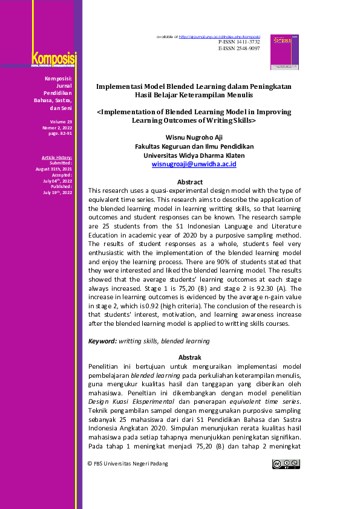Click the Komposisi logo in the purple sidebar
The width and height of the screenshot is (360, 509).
(54, 59)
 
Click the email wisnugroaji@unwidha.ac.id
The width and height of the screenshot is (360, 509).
(194, 164)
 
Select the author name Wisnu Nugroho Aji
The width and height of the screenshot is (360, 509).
(194, 137)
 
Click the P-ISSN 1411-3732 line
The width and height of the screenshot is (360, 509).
(238, 42)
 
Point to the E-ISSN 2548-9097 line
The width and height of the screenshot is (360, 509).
(238, 48)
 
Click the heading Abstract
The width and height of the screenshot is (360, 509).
(189, 181)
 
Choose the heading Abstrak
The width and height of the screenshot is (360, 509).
(189, 357)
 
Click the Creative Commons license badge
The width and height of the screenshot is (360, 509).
(286, 464)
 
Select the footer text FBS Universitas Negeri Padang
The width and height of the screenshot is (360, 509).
(131, 464)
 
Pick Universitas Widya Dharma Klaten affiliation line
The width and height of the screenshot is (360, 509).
(194, 155)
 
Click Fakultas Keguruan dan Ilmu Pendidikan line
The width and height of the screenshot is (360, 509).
(194, 146)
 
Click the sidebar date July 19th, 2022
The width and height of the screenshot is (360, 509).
(57, 192)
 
